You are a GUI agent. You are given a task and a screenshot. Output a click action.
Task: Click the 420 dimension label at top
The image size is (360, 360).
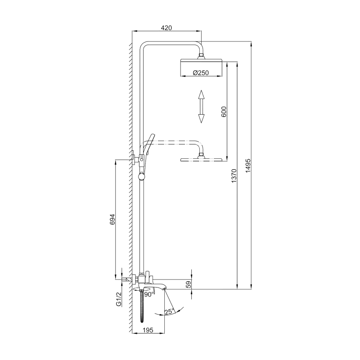point(166,28)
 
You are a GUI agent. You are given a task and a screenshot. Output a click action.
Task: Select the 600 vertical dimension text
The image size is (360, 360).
point(224,112)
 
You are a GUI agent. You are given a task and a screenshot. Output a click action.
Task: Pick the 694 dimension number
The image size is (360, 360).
point(112,219)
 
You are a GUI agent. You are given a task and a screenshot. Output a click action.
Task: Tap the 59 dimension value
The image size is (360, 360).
point(189,284)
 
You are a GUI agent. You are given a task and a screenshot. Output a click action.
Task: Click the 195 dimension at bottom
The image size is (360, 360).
point(148,330)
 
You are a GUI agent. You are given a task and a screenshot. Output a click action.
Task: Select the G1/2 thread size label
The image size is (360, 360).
point(119,299)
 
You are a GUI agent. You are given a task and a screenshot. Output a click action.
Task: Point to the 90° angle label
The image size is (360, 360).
point(148,294)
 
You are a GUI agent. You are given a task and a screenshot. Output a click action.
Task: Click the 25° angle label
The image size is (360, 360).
point(169,311)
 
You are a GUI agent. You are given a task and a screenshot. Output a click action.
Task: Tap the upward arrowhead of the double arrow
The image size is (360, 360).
point(201,94)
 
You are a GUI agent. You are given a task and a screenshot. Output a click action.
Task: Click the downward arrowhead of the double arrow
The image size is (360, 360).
point(201,118)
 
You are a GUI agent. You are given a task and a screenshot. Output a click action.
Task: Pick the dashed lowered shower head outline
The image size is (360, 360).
point(201,159)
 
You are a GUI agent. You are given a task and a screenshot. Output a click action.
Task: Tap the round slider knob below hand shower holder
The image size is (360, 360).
point(142,176)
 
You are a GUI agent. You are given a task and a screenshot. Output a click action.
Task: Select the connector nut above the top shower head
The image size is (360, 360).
point(202,56)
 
